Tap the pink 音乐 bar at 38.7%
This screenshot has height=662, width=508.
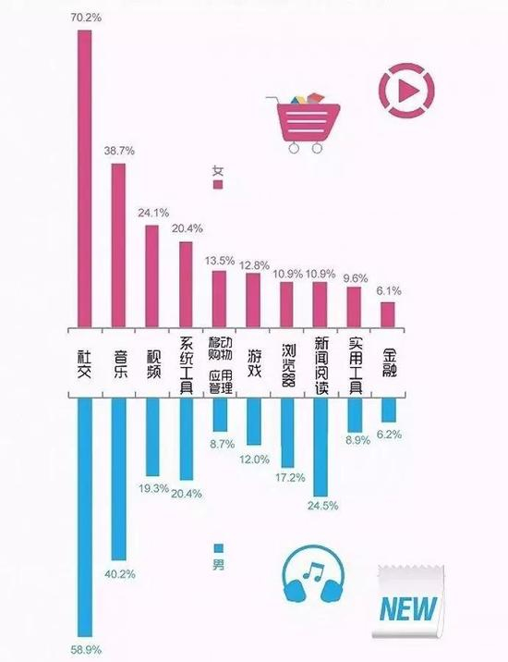pos(118,244)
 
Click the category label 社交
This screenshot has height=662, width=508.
pos(84,362)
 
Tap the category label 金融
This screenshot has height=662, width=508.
pos(388,362)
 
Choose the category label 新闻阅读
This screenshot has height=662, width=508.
pos(321,362)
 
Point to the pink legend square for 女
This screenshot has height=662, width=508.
pos(219,184)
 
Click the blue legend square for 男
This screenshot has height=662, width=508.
pos(219,547)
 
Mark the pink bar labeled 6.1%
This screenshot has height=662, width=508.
pos(388,313)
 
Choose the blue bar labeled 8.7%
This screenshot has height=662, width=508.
pos(220,414)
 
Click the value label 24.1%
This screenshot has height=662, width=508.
pos(152,213)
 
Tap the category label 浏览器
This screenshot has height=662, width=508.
pos(287,362)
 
